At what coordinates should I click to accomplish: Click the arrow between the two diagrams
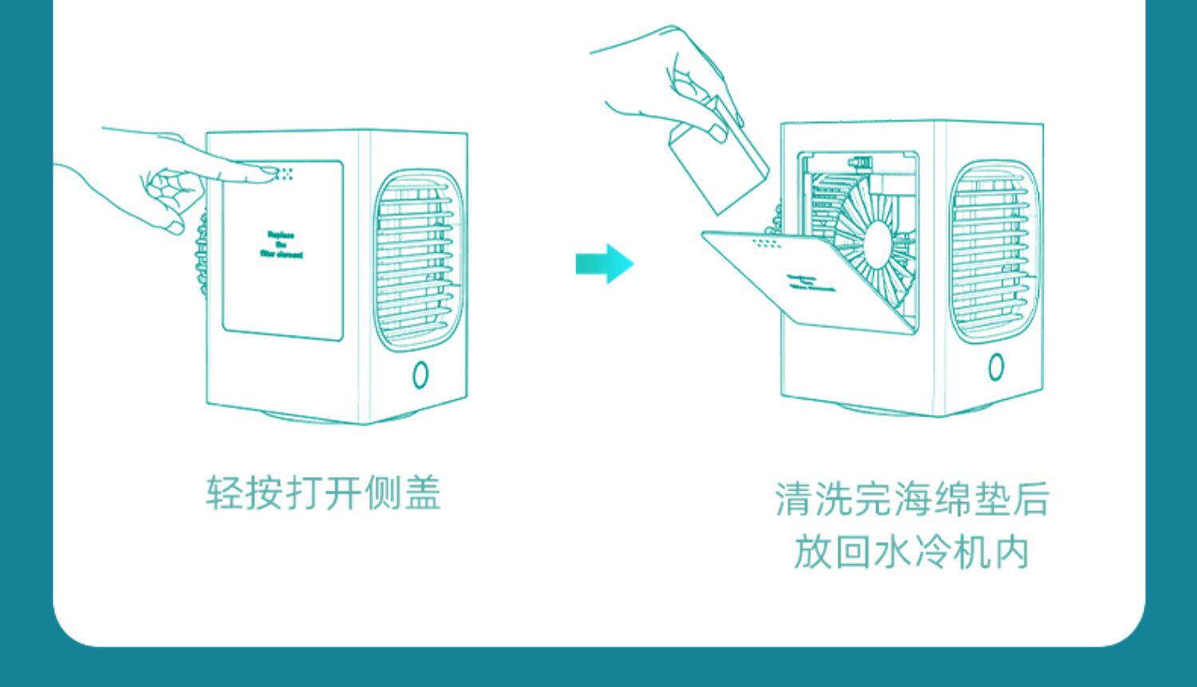pyautogui.click(x=605, y=263)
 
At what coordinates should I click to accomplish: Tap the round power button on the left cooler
pyautogui.click(x=421, y=375)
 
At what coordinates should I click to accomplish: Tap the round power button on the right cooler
pyautogui.click(x=996, y=367)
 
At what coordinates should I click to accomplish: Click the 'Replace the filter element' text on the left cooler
pyautogui.click(x=281, y=245)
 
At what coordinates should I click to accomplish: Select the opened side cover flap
pyautogui.click(x=806, y=275)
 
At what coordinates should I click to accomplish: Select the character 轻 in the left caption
pyautogui.click(x=224, y=492)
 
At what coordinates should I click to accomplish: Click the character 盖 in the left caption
pyautogui.click(x=422, y=492)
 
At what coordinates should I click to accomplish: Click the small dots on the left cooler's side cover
pyautogui.click(x=285, y=173)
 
